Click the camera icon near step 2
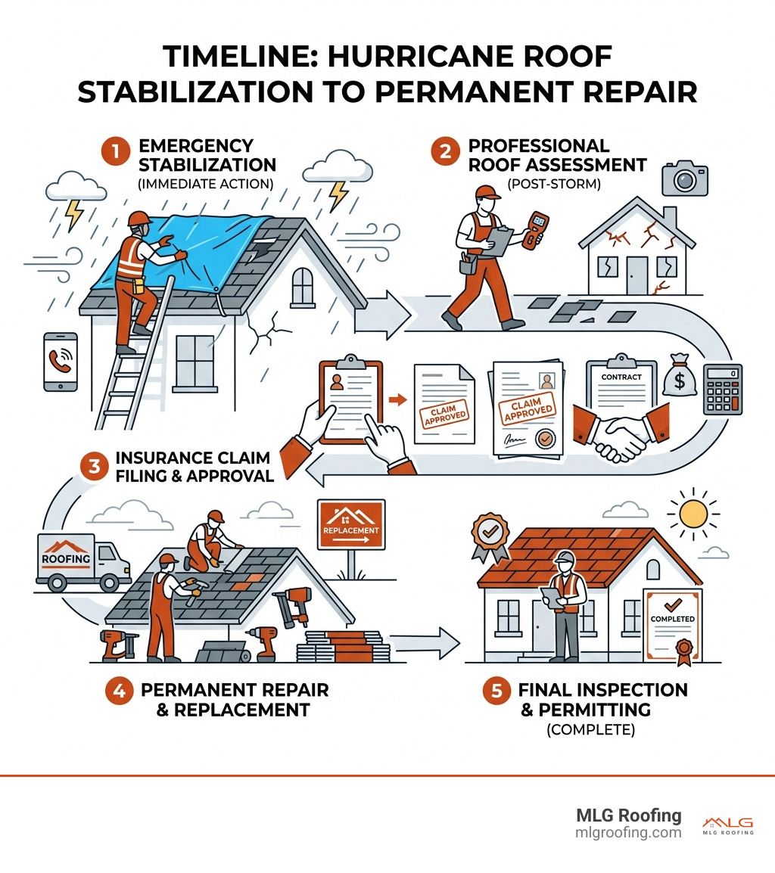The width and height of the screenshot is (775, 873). click(x=683, y=178)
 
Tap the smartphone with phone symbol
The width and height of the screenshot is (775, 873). click(x=61, y=361)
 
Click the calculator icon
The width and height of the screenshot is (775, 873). click(x=722, y=389)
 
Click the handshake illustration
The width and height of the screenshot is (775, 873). click(x=620, y=432)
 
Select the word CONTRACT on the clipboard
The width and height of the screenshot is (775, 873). click(x=621, y=377)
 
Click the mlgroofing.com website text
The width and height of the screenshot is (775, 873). click(x=629, y=833)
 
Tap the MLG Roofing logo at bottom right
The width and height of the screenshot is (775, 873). click(x=727, y=825)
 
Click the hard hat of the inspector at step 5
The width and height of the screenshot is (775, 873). click(x=565, y=558)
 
